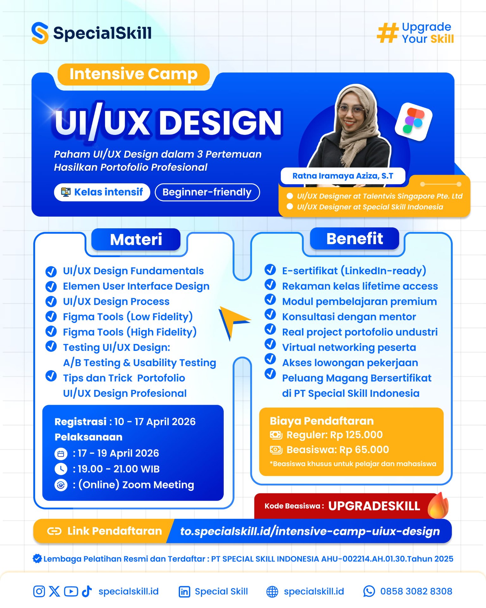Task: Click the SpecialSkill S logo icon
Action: [x=40, y=33]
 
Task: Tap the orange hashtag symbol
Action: [x=387, y=33]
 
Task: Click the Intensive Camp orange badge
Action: [x=133, y=74]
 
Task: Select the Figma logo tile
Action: [x=414, y=122]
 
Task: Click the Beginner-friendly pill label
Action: [x=207, y=192]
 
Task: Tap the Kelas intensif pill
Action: [x=102, y=192]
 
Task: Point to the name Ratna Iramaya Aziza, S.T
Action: [x=343, y=176]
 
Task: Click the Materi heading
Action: [x=136, y=239]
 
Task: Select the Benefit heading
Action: [x=354, y=238]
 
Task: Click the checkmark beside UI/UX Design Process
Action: [x=51, y=301]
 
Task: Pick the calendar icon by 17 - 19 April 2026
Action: [x=61, y=454]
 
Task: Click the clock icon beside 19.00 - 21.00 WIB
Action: [x=61, y=469]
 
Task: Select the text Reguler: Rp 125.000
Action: [x=334, y=435]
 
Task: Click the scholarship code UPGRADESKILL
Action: [x=374, y=506]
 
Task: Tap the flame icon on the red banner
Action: [x=438, y=505]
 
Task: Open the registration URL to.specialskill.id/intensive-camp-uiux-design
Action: [x=310, y=531]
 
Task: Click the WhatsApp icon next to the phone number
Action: [x=369, y=591]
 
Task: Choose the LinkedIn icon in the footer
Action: [x=184, y=592]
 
